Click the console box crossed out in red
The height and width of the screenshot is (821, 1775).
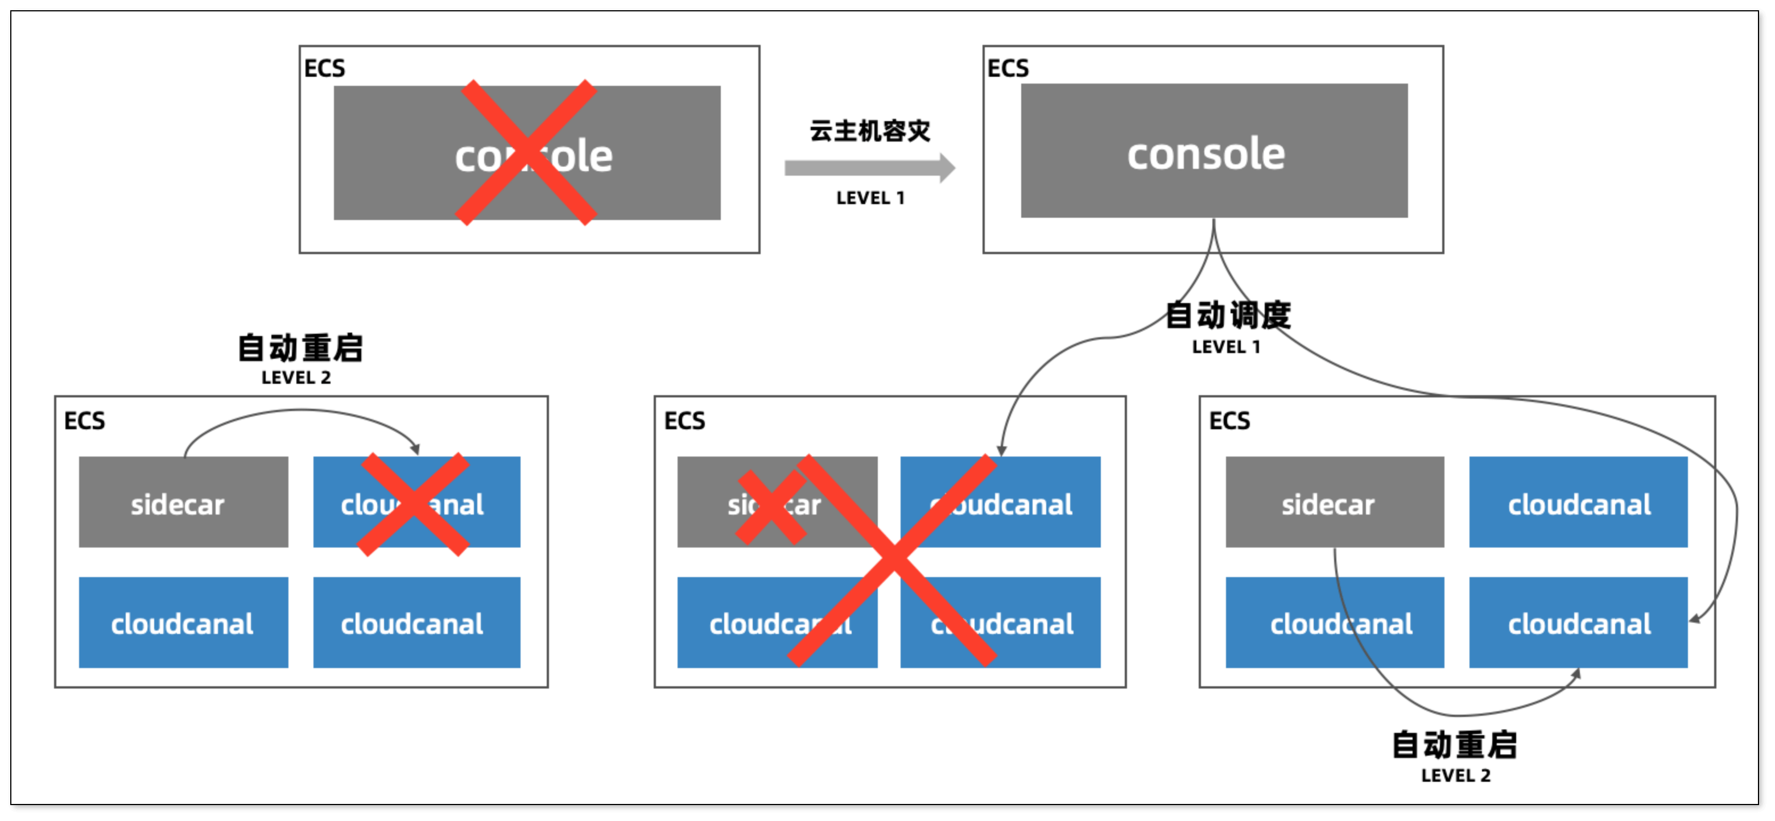[527, 153]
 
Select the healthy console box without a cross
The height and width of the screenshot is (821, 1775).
[1213, 151]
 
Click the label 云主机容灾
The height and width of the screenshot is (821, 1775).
[870, 131]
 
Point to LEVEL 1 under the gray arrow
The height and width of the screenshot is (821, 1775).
[870, 198]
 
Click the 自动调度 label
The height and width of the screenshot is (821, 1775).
[1227, 316]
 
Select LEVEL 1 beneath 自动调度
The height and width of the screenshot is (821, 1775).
[1227, 347]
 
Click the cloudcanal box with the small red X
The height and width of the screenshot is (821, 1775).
[416, 502]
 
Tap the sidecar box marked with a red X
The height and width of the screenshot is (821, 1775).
[777, 502]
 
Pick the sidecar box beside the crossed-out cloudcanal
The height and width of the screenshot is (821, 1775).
[183, 502]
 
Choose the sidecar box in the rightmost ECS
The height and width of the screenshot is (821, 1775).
[1334, 502]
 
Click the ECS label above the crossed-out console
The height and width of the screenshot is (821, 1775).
[324, 69]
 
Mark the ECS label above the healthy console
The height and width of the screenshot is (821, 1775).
[1008, 69]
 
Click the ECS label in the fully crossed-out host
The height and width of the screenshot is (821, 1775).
[684, 421]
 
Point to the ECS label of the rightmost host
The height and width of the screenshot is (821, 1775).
[1229, 421]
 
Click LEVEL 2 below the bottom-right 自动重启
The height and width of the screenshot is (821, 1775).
[1455, 776]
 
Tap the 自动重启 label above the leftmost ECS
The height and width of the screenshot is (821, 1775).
[300, 348]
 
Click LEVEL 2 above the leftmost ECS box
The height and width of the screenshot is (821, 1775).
[296, 378]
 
